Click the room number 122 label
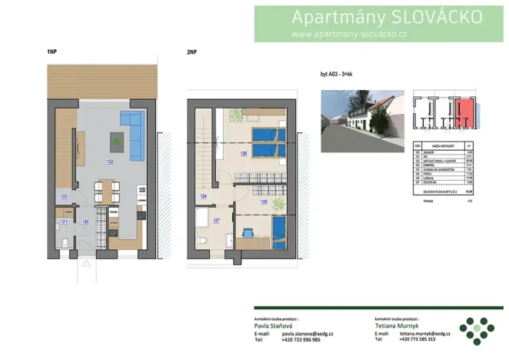pyautogui.click(x=110, y=162)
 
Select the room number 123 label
pyautogui.click(x=64, y=197)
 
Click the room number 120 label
pyautogui.click(x=85, y=222)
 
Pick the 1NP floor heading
pyautogui.click(x=52, y=52)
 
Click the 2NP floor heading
pyautogui.click(x=192, y=52)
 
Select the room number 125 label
pyautogui.click(x=264, y=202)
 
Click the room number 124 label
pyautogui.click(x=204, y=197)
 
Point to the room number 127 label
pyautogui.click(x=216, y=221)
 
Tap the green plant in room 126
pyautogui.click(x=235, y=115)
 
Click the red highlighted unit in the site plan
pyautogui.click(x=464, y=113)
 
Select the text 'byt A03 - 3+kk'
pyautogui.click(x=341, y=75)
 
